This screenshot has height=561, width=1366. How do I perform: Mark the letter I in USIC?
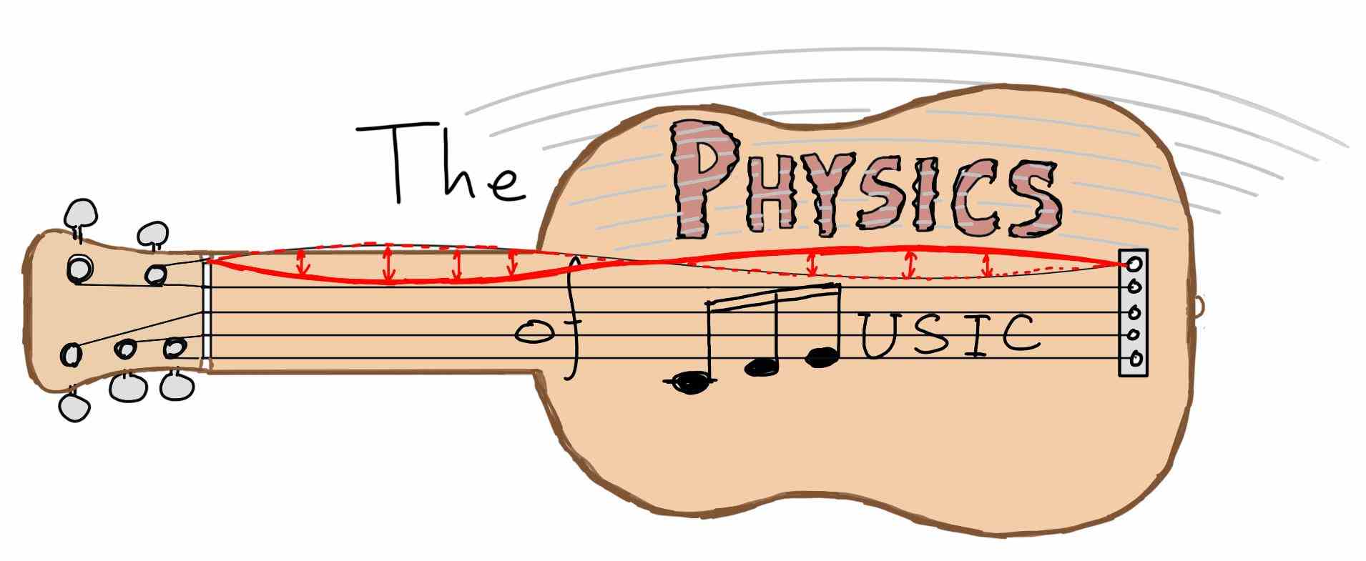click(974, 334)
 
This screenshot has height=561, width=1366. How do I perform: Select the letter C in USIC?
click(1016, 334)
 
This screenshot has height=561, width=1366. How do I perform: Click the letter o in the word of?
click(536, 331)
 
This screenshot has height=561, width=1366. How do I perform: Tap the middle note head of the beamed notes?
click(762, 366)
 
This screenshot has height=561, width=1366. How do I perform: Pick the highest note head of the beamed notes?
click(822, 357)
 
